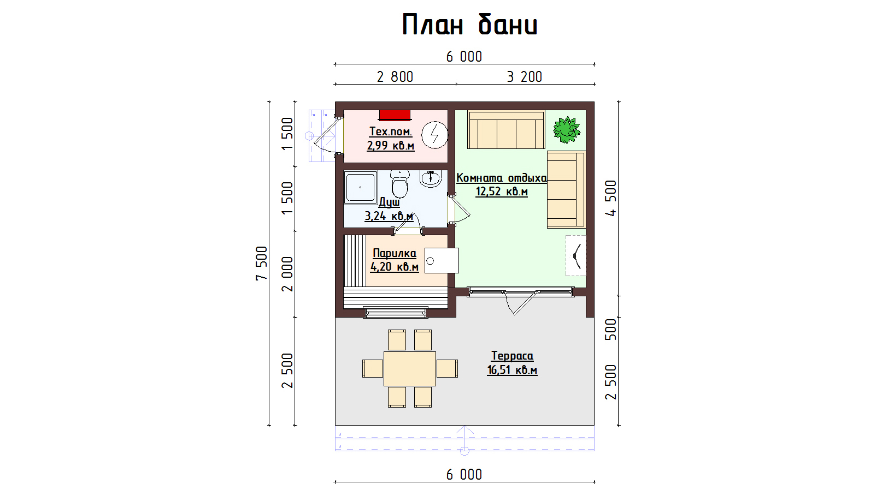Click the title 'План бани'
(469, 25)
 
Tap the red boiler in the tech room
(395, 115)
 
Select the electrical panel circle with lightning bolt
(434, 135)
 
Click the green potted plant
(566, 129)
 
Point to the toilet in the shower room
(400, 183)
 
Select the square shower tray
(361, 187)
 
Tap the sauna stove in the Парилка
(442, 261)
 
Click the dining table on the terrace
(410, 368)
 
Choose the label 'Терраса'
(512, 356)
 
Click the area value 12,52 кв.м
(502, 192)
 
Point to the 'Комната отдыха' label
(502, 178)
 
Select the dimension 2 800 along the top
(395, 76)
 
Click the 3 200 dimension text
(525, 76)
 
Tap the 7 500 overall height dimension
(261, 264)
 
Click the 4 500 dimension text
(611, 198)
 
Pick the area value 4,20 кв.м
(395, 266)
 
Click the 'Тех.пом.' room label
(391, 131)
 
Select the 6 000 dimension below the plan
(464, 475)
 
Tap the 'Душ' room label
(389, 202)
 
